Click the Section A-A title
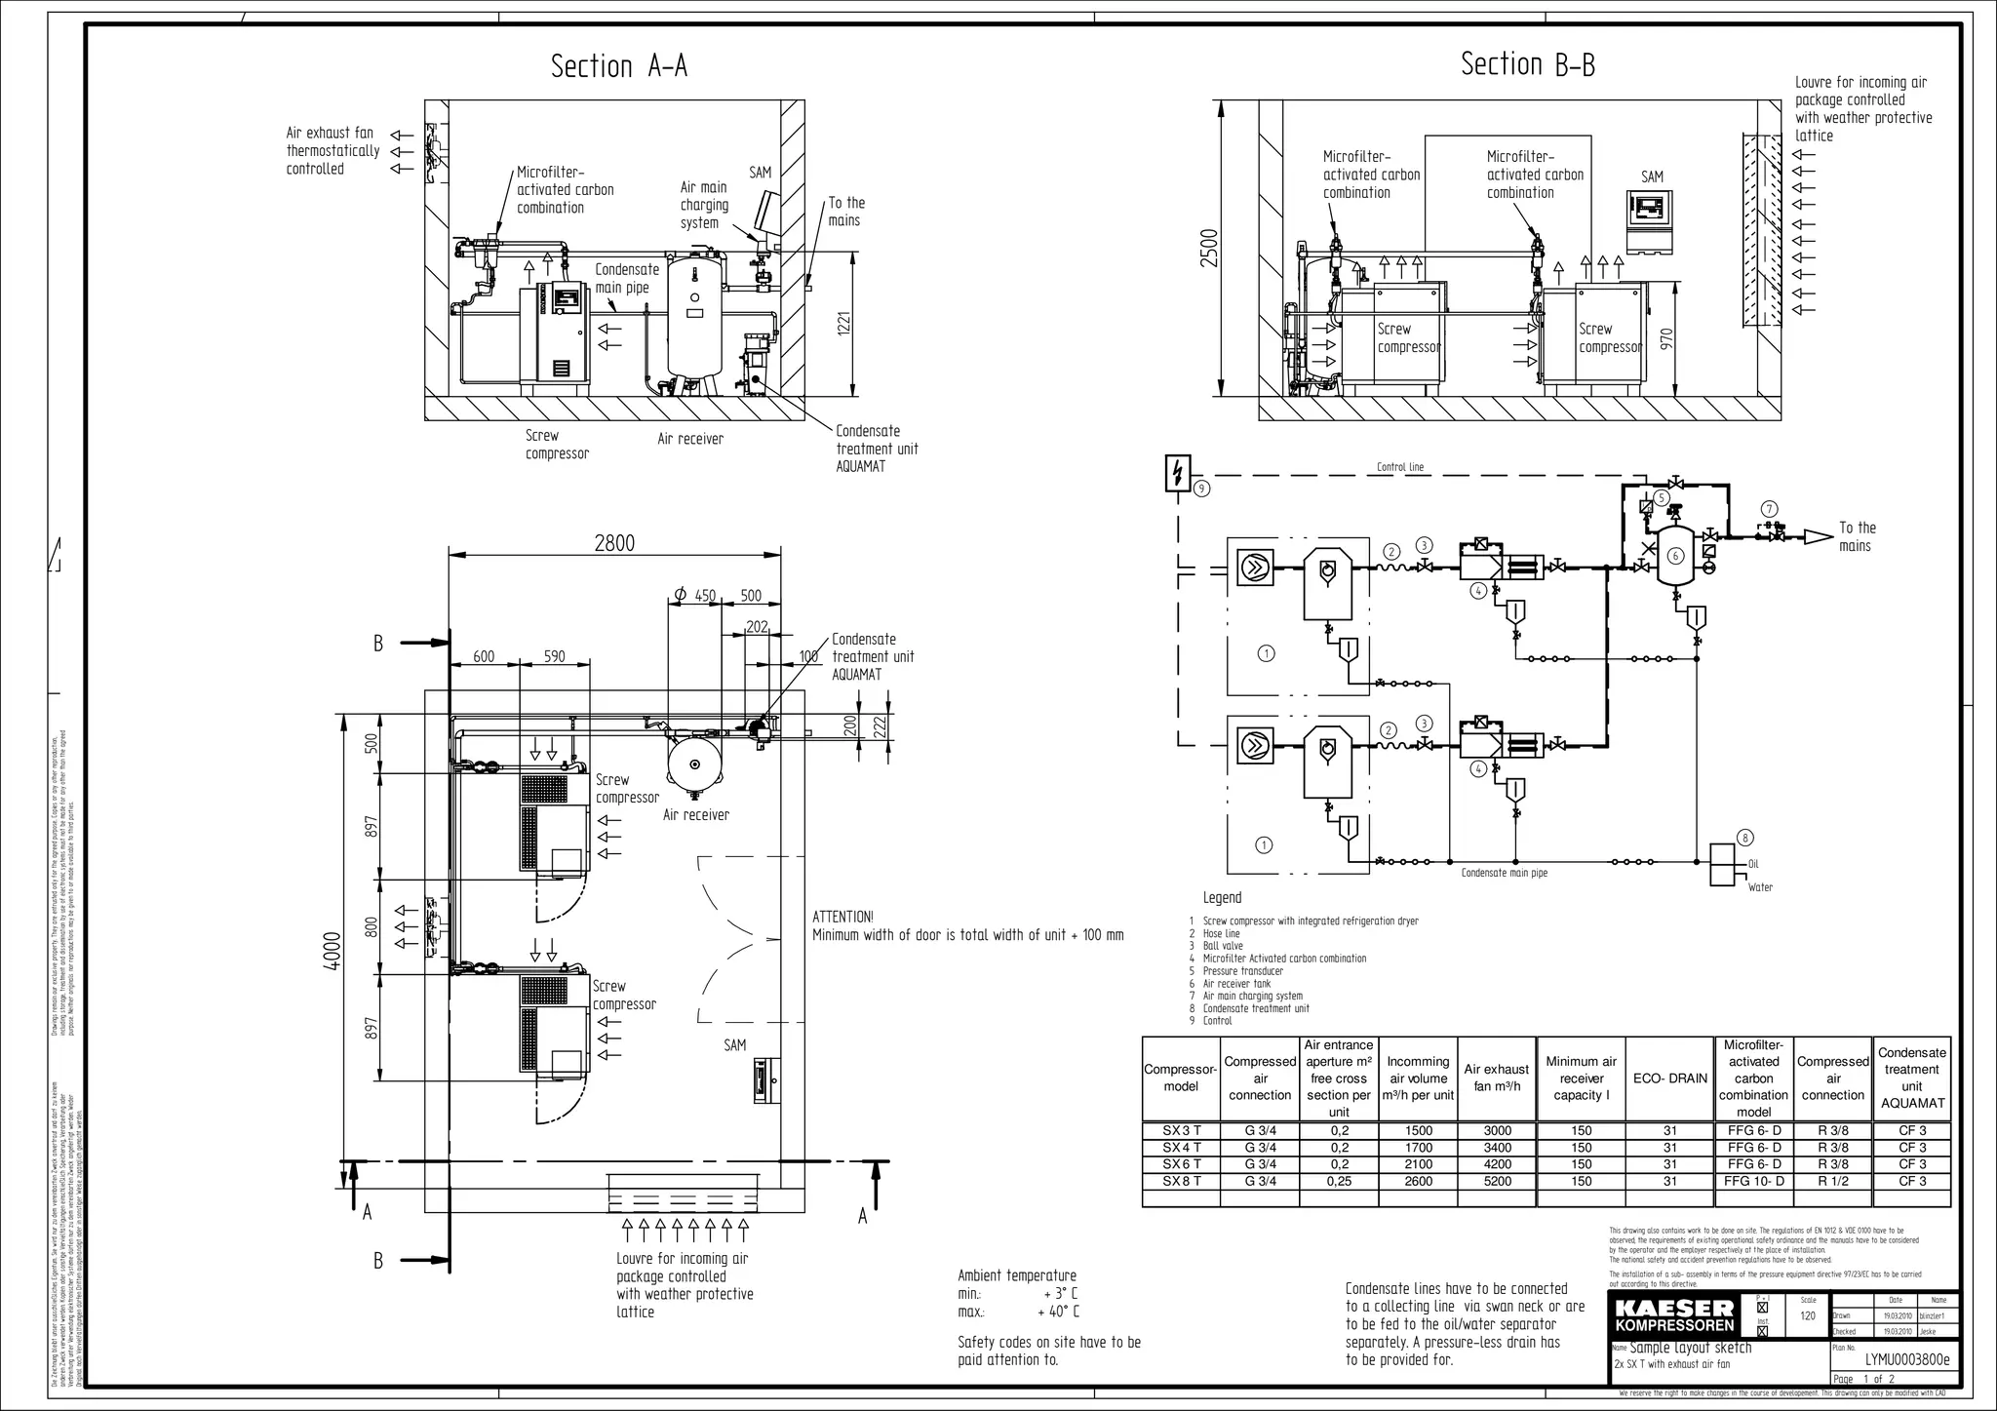pos(619,66)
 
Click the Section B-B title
pos(1528,64)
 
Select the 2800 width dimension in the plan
pos(614,543)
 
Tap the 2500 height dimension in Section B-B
pos(1209,248)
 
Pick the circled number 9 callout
pos(1201,489)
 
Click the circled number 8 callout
pos(1745,838)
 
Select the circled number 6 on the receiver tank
pos(1675,556)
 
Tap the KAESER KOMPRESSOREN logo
pos(1674,1315)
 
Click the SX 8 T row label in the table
pos(1181,1181)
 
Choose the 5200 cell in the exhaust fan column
pos(1497,1181)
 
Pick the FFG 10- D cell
pos(1753,1181)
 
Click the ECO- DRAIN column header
pos(1670,1078)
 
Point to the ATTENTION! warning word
pos(842,917)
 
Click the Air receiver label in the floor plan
pos(695,815)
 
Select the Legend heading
pos(1222,897)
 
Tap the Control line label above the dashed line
pos(1399,467)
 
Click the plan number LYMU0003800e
pos(1906,1359)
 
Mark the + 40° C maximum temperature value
pos(1058,1312)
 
